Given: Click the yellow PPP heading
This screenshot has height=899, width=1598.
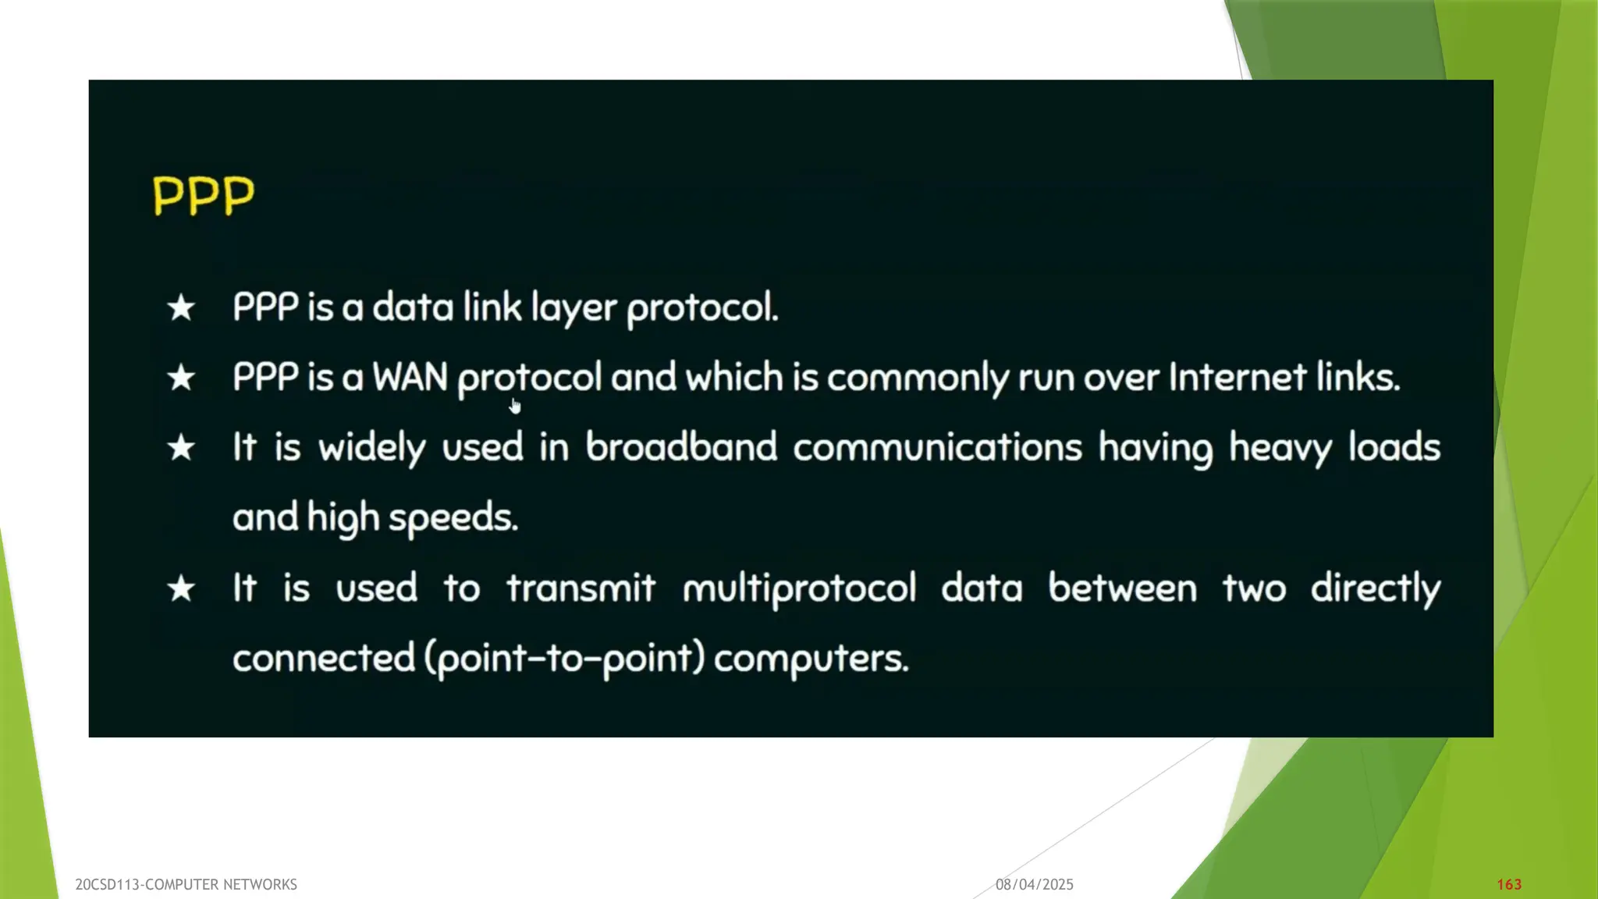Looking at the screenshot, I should point(203,195).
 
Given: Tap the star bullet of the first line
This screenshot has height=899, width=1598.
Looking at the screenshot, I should point(181,308).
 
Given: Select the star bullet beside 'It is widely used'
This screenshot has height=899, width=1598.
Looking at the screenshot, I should point(181,448).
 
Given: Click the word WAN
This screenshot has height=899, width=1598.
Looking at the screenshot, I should point(410,378).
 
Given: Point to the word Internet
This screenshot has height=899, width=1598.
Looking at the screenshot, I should point(1238,378).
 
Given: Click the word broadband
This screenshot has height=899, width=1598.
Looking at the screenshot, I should point(681,448).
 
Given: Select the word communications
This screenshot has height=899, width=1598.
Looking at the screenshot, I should point(937,448).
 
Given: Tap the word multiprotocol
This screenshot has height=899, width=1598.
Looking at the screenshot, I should point(799,588).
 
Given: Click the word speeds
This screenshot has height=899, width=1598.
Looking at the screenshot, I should point(453,518).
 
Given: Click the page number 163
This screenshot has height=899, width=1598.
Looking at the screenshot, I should point(1509,884).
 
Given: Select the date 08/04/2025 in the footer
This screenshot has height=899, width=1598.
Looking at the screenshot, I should point(1034,884).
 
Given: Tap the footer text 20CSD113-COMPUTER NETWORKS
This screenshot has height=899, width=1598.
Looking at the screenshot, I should point(186,884).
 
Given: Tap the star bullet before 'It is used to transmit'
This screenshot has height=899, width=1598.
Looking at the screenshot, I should point(181,588).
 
